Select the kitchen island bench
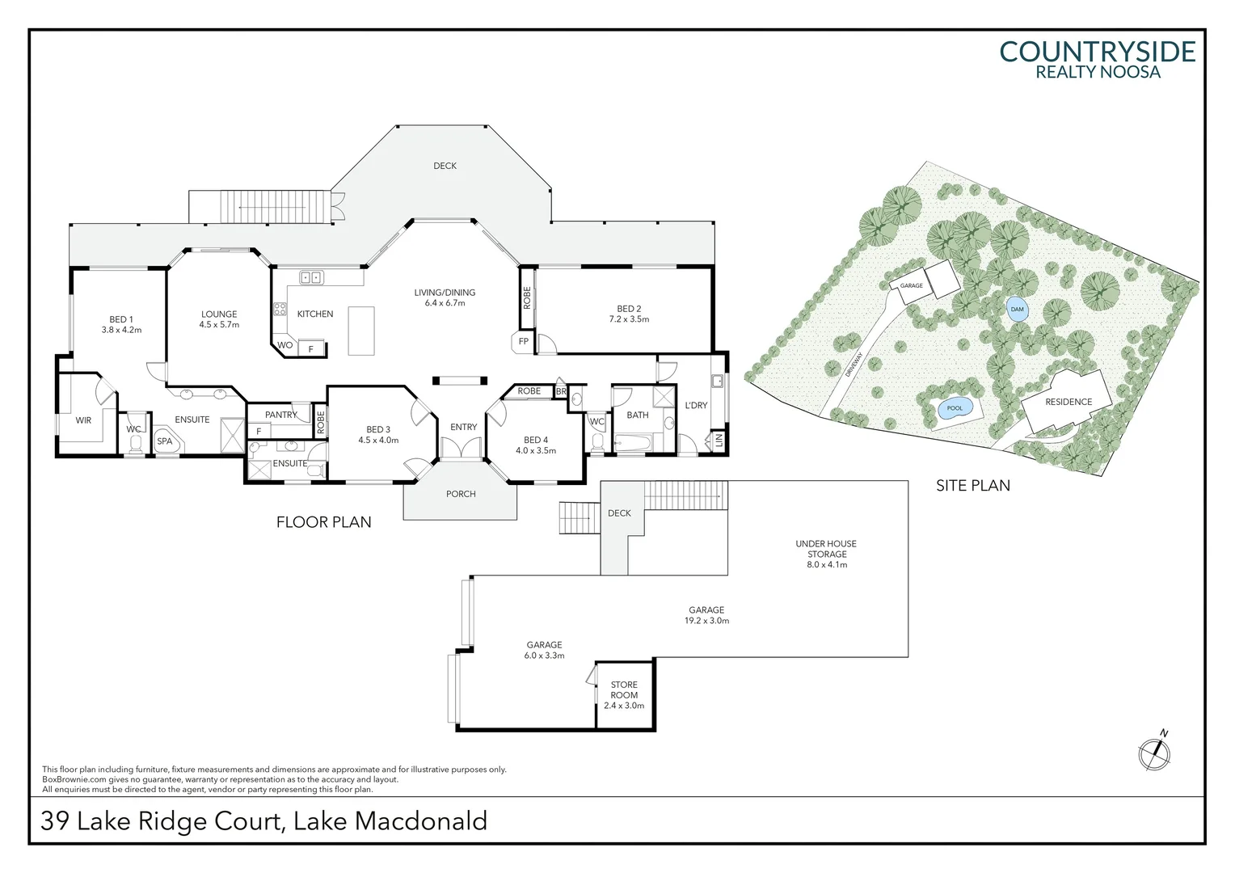[362, 331]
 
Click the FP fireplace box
[524, 342]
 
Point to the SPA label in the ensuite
[165, 441]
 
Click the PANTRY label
[281, 415]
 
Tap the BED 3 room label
[378, 430]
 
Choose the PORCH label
[461, 494]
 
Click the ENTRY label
[464, 427]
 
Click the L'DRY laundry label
[696, 405]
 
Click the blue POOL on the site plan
[955, 408]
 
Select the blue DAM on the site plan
[1017, 310]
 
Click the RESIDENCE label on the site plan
[1069, 402]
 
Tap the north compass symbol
[1155, 753]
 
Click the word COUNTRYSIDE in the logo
[1097, 52]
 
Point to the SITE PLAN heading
[973, 486]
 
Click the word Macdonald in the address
[421, 821]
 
